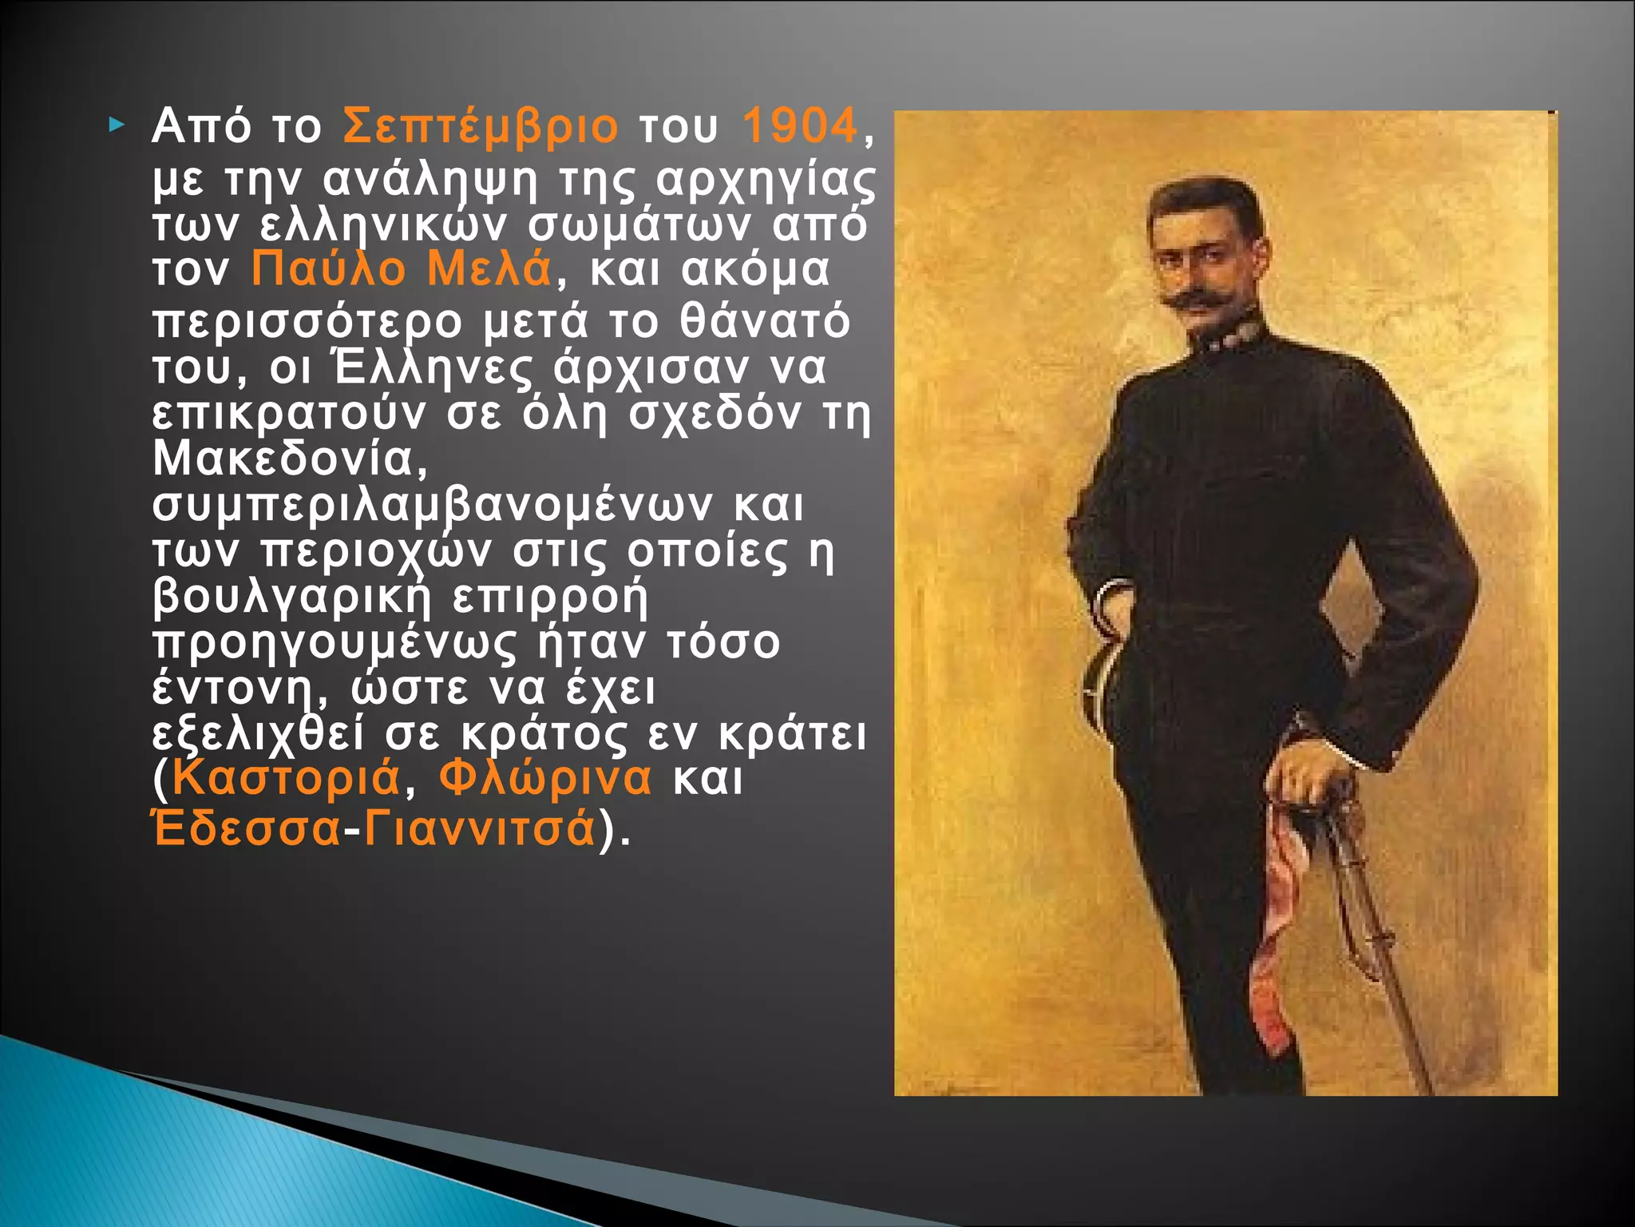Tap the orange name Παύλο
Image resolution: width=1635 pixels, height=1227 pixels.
(x=328, y=269)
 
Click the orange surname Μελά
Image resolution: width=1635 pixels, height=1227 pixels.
(x=489, y=269)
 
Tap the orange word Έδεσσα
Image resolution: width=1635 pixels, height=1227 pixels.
(x=247, y=828)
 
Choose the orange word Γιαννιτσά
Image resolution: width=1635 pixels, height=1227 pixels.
(x=480, y=828)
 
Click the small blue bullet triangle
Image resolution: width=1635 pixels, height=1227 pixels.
(x=117, y=125)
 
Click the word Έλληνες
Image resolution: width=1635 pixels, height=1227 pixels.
(x=432, y=368)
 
